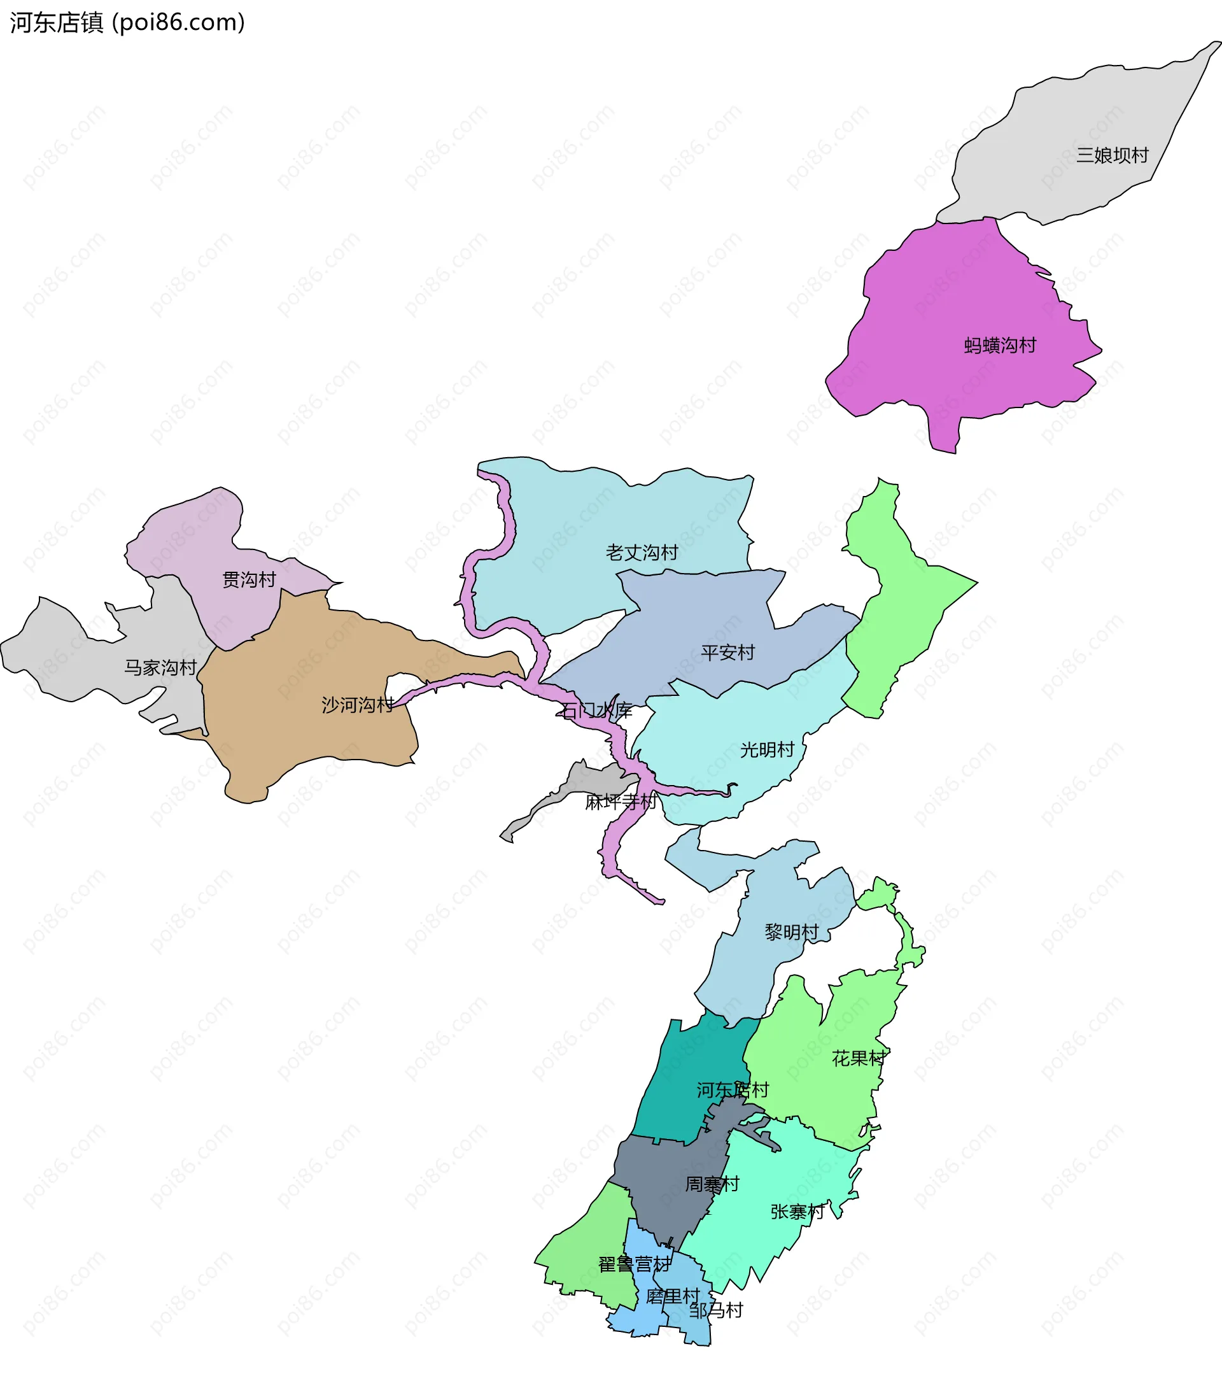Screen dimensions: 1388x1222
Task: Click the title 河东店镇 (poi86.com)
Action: click(127, 23)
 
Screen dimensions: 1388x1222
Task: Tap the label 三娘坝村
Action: click(1112, 155)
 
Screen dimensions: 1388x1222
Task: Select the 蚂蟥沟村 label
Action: click(1000, 346)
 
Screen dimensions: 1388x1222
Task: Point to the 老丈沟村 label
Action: click(642, 553)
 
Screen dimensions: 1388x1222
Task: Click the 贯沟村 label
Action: click(249, 580)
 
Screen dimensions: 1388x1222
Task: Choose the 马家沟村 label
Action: click(160, 667)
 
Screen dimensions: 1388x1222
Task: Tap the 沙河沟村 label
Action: click(358, 705)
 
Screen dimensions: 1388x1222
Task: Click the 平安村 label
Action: click(727, 653)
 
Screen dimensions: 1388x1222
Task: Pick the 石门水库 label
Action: click(596, 711)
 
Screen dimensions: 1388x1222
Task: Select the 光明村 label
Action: click(767, 749)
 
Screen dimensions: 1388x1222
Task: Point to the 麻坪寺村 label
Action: click(621, 802)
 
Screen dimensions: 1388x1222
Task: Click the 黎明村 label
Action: click(792, 932)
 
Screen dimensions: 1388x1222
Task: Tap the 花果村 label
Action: click(859, 1059)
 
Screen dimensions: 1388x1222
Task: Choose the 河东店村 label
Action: click(733, 1091)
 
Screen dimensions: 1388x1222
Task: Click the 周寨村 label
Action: click(712, 1184)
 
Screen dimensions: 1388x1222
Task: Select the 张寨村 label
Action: click(797, 1212)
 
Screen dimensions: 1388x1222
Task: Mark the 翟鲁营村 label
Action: click(634, 1264)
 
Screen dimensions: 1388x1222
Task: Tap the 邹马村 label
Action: click(716, 1310)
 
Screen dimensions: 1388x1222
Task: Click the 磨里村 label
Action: click(672, 1296)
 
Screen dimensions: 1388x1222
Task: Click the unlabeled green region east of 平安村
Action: click(903, 611)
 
